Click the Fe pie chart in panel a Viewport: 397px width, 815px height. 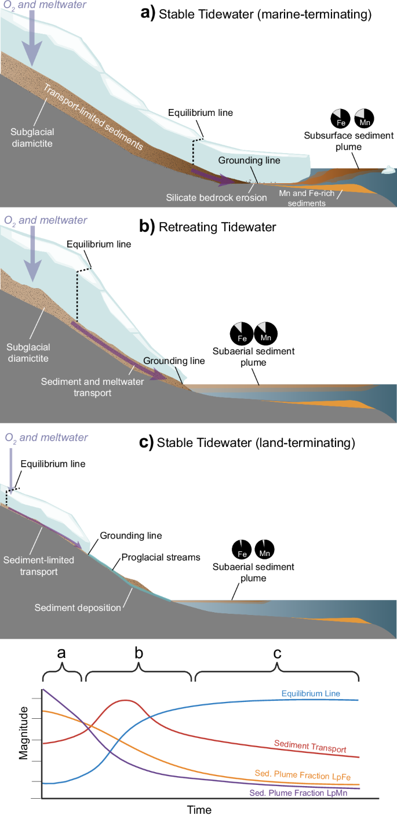(x=340, y=118)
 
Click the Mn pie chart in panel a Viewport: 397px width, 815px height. (x=364, y=118)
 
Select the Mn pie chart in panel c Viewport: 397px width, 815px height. (x=265, y=548)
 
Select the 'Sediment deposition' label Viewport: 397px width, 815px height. (x=78, y=608)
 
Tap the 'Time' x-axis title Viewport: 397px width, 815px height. (x=199, y=809)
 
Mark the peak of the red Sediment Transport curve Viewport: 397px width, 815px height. (x=125, y=700)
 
